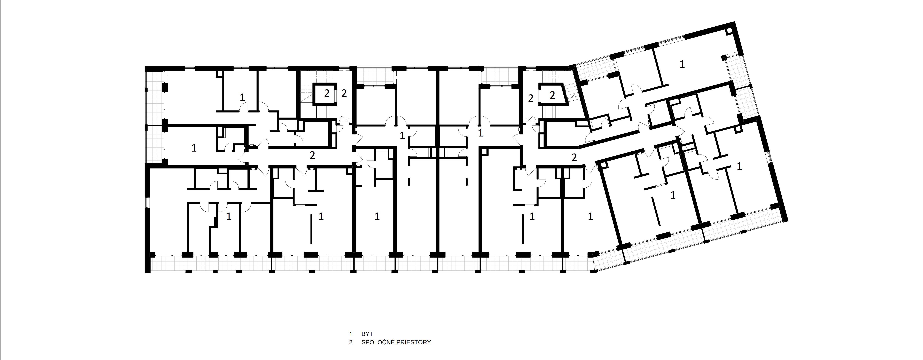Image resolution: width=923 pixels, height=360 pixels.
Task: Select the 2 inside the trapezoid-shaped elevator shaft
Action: point(552,95)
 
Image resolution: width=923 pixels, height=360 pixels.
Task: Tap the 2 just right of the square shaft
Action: point(344,94)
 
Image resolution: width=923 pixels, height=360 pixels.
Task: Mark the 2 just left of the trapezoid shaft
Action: point(531,98)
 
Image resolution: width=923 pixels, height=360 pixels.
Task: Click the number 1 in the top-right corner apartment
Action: point(682,64)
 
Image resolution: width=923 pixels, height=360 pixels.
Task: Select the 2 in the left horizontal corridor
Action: point(313,155)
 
